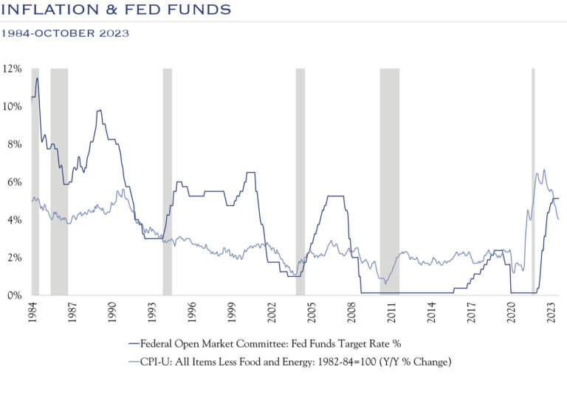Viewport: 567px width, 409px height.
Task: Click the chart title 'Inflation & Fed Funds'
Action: pyautogui.click(x=117, y=10)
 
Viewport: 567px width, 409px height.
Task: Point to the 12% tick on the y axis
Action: pyautogui.click(x=13, y=69)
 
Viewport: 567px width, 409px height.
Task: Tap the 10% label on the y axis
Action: pyautogui.click(x=13, y=106)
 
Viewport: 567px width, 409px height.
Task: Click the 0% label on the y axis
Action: pyautogui.click(x=15, y=296)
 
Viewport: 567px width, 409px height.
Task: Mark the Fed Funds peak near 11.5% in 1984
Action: pyautogui.click(x=37, y=78)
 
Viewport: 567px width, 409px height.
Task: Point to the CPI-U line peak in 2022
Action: pyautogui.click(x=544, y=170)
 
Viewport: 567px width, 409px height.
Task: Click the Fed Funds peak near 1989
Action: pyautogui.click(x=100, y=110)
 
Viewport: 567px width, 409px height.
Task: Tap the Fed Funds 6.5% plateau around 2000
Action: pyautogui.click(x=250, y=173)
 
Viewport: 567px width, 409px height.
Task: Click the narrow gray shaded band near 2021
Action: pyautogui.click(x=533, y=181)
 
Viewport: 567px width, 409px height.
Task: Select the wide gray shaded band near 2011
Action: pyautogui.click(x=390, y=181)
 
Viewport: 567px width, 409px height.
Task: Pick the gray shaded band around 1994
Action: pyautogui.click(x=168, y=181)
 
